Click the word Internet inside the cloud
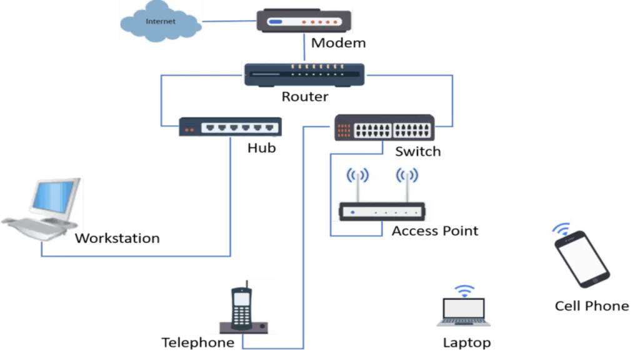click(161, 21)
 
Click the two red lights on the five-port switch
click(189, 130)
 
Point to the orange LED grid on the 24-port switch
click(344, 130)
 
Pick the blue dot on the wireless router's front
click(353, 212)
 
